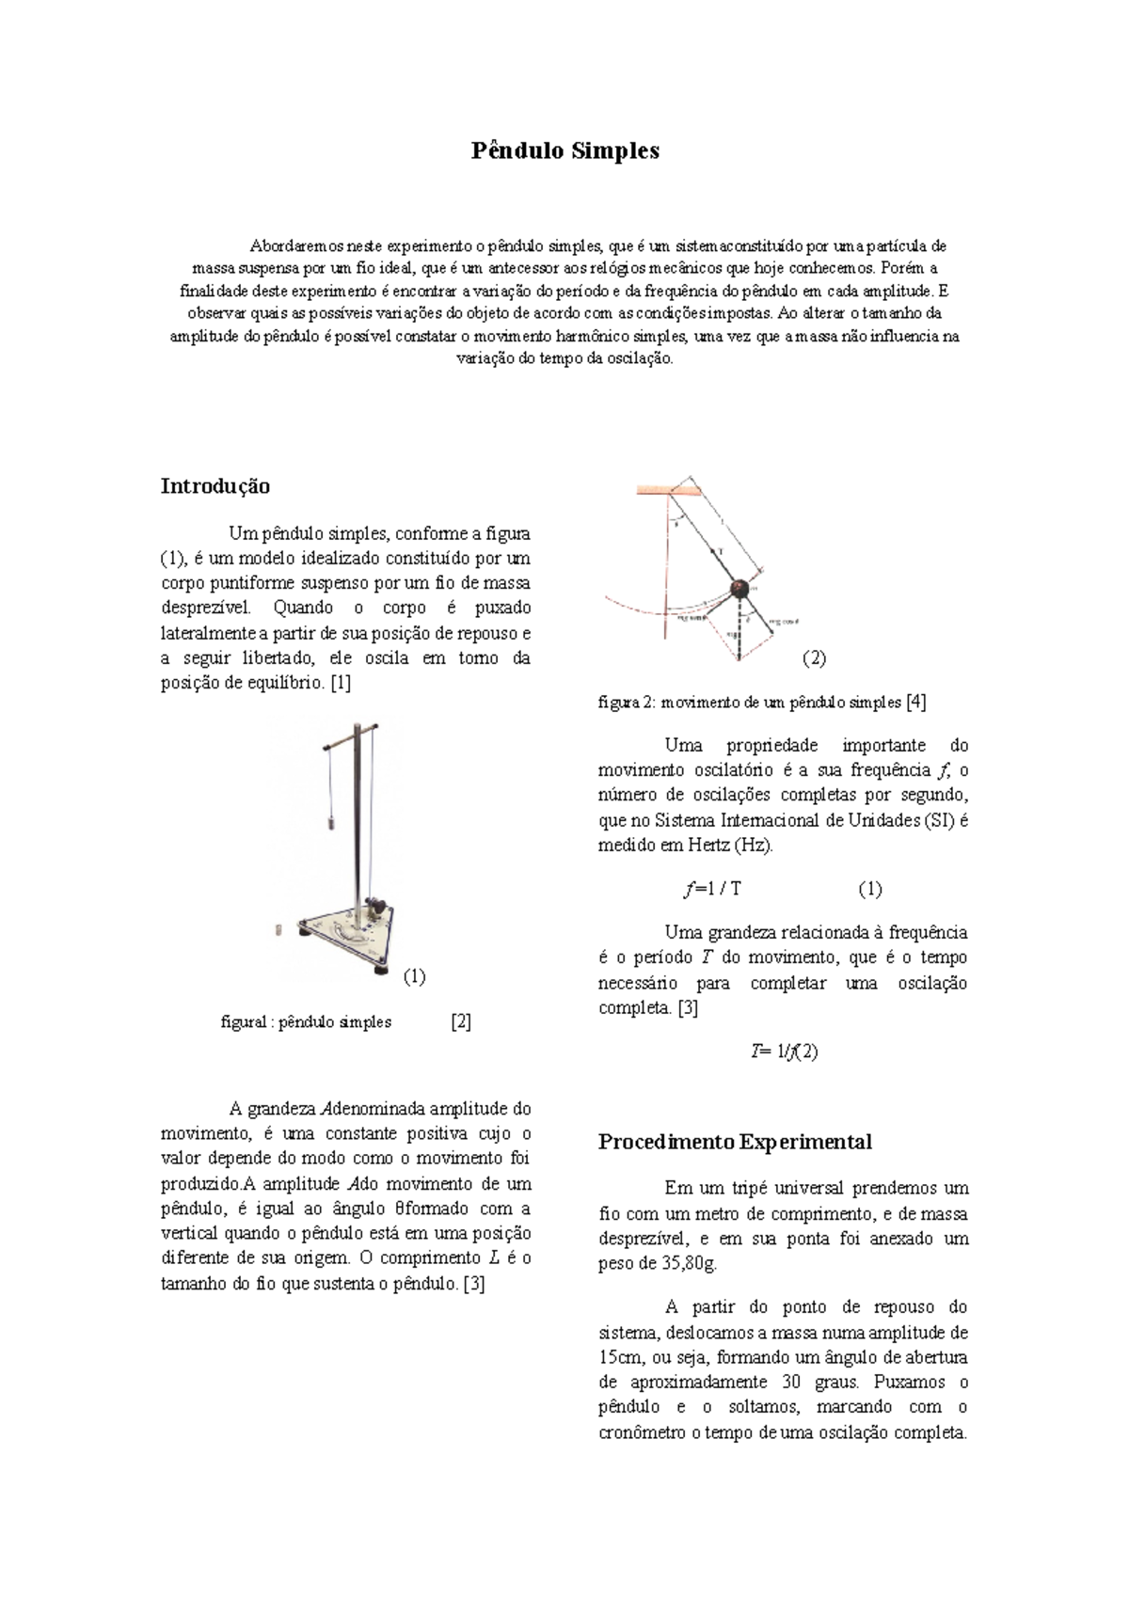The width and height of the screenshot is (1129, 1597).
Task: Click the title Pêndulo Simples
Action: click(x=564, y=150)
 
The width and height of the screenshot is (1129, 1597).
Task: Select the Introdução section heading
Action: click(x=215, y=486)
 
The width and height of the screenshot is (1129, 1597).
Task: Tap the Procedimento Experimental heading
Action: click(x=735, y=1142)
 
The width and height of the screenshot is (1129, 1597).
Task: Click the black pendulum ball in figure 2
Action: click(x=741, y=589)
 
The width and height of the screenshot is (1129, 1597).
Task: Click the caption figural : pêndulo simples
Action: click(x=306, y=1021)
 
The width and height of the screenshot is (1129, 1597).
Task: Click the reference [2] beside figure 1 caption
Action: click(x=460, y=1021)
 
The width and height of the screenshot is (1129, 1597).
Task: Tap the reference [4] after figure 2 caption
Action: click(x=915, y=702)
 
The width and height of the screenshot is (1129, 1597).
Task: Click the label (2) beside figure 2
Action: click(x=814, y=658)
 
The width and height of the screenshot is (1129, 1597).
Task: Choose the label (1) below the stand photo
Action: click(x=414, y=976)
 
